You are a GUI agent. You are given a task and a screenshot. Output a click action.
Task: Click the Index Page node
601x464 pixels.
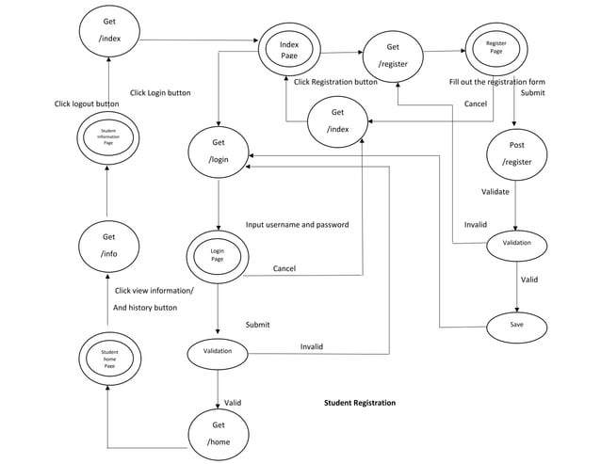(x=289, y=49)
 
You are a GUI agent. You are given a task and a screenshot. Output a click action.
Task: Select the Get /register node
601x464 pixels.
(x=393, y=56)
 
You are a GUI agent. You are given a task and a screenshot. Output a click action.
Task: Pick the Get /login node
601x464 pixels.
(x=219, y=151)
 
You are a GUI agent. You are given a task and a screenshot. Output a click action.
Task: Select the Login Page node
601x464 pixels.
(x=218, y=255)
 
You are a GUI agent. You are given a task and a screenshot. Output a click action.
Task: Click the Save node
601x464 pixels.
(x=516, y=325)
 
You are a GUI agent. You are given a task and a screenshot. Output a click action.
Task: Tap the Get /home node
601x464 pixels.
(x=219, y=433)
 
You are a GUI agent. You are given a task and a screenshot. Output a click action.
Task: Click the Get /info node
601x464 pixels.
(x=109, y=245)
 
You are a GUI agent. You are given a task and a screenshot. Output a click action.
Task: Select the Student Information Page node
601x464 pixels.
(x=108, y=136)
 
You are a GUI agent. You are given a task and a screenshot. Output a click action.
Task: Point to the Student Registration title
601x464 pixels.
(x=360, y=403)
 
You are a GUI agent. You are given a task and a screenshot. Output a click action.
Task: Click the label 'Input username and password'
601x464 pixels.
(x=297, y=225)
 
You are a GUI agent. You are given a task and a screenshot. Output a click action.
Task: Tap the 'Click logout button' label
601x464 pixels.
(x=87, y=104)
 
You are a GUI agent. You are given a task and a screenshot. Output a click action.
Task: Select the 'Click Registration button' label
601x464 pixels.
(x=335, y=82)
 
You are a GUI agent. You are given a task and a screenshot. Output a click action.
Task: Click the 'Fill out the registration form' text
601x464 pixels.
(x=496, y=82)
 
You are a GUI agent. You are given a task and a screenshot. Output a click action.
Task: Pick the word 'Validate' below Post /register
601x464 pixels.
(x=495, y=192)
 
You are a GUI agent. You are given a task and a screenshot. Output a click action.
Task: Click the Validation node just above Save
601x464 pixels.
(x=516, y=244)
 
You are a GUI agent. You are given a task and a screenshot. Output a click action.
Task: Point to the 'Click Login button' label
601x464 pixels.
(x=160, y=92)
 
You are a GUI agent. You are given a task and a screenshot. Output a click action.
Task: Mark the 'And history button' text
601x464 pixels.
(x=145, y=308)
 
